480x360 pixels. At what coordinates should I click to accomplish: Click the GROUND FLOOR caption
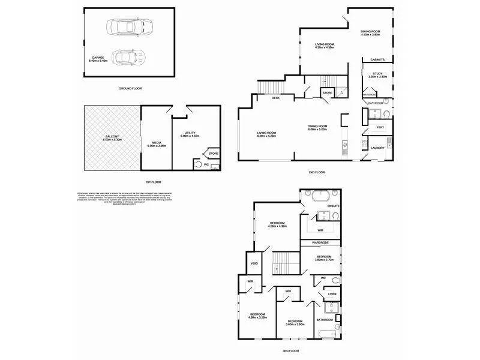[130, 88]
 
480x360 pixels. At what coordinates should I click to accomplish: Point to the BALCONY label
[112, 137]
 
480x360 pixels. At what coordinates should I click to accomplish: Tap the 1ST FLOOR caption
[152, 182]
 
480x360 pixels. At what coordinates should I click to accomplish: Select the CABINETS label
[377, 60]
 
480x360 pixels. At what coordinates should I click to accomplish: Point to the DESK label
[275, 98]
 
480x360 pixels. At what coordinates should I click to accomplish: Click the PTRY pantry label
[380, 127]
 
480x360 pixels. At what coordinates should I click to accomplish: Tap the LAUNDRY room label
[377, 148]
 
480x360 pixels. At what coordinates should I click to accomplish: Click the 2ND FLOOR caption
[316, 172]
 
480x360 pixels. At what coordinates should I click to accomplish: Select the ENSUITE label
[334, 206]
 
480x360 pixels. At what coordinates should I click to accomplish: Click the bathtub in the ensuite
[318, 195]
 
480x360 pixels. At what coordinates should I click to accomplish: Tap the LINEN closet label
[332, 294]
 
